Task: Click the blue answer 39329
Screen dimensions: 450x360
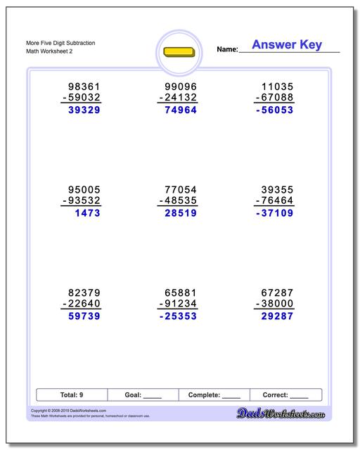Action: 80,110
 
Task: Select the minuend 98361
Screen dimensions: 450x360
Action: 80,85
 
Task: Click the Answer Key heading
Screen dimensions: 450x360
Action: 287,45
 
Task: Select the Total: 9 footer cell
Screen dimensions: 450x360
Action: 71,395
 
